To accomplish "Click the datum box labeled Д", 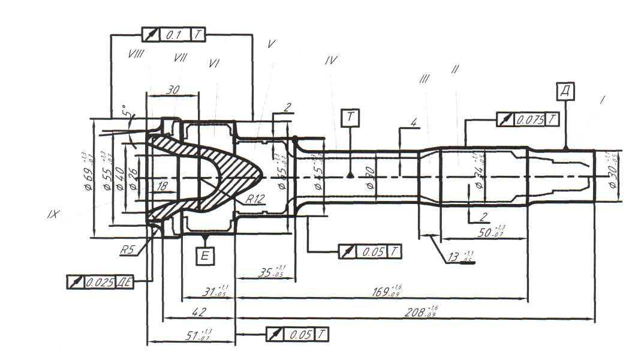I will click(x=565, y=91).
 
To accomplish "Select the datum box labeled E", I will click(x=204, y=256).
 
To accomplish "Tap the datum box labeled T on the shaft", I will click(x=350, y=118).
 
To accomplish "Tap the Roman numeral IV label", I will click(x=330, y=60).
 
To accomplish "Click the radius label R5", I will click(x=127, y=250).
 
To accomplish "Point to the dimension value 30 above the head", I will click(x=173, y=89).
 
